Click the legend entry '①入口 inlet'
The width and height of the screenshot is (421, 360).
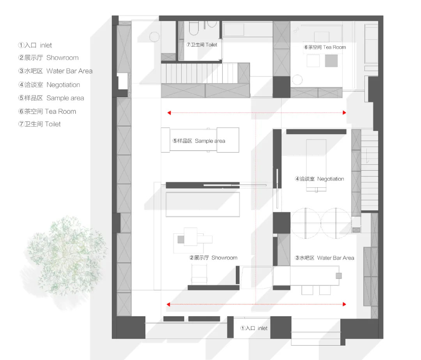click(35, 45)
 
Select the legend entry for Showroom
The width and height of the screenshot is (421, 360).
click(48, 58)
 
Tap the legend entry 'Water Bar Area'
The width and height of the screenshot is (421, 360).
click(55, 71)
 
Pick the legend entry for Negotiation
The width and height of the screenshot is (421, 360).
click(49, 85)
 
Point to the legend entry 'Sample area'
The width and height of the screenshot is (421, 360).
click(51, 98)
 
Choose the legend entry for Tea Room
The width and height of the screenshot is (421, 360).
click(47, 111)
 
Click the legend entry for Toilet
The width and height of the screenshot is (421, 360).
click(39, 124)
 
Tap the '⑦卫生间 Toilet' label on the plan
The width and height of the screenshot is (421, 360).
click(202, 45)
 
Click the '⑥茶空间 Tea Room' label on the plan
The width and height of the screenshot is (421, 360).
click(325, 47)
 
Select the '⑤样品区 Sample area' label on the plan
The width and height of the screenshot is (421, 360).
click(199, 141)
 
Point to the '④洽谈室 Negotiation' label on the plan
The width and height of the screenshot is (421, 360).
click(319, 179)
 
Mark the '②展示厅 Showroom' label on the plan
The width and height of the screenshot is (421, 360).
click(213, 258)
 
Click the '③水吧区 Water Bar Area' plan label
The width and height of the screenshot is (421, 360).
click(324, 258)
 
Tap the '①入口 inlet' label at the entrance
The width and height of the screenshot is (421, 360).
click(254, 328)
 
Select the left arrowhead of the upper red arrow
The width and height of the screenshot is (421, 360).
click(169, 113)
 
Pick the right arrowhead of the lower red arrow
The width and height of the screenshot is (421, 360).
click(345, 304)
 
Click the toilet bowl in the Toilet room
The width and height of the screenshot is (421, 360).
click(194, 28)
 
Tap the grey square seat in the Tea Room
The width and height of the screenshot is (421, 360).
click(331, 61)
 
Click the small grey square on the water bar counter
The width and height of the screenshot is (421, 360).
click(339, 275)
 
